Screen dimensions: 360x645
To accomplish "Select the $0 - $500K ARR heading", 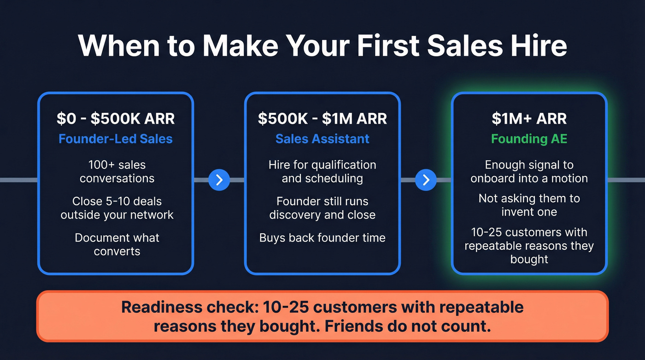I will click(116, 118).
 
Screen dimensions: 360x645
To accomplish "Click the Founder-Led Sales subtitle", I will click(116, 139).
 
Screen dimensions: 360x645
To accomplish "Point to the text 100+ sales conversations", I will click(117, 171).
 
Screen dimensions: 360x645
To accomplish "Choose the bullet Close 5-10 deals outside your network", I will click(117, 208).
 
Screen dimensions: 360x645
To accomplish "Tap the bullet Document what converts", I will click(117, 244).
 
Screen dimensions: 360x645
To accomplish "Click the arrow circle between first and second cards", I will click(219, 180).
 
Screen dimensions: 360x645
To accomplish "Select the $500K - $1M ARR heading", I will click(322, 118).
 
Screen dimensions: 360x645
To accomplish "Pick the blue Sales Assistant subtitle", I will click(322, 139).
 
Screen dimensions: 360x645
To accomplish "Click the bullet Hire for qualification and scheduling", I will click(322, 171).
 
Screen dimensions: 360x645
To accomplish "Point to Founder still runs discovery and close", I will click(322, 208).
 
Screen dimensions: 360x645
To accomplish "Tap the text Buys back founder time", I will click(322, 238).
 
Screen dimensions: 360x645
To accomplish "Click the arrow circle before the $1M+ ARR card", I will click(426, 180).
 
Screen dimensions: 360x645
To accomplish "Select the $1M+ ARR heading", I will click(529, 118).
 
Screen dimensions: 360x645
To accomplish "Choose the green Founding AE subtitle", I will click(529, 139).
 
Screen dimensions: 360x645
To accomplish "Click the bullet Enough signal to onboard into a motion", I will click(529, 171).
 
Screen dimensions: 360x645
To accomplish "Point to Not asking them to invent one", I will click(529, 205).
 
